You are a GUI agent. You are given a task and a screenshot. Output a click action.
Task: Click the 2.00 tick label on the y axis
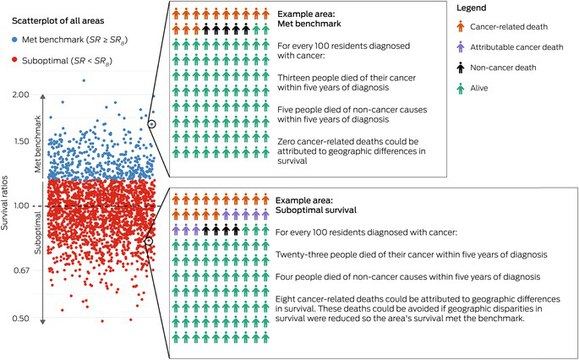tap(21, 95)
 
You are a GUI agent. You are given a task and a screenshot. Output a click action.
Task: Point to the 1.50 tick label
tap(21, 141)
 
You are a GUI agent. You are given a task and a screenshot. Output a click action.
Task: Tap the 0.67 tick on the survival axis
tap(21, 270)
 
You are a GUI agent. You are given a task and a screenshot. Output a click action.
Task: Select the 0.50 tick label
tap(21, 319)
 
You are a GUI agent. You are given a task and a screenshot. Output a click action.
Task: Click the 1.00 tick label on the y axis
tap(21, 205)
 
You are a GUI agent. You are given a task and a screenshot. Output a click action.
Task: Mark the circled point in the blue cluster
tap(151, 124)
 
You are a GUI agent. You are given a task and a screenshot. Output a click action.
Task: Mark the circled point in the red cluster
tap(149, 241)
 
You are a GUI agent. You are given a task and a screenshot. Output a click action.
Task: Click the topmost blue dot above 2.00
tap(83, 80)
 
